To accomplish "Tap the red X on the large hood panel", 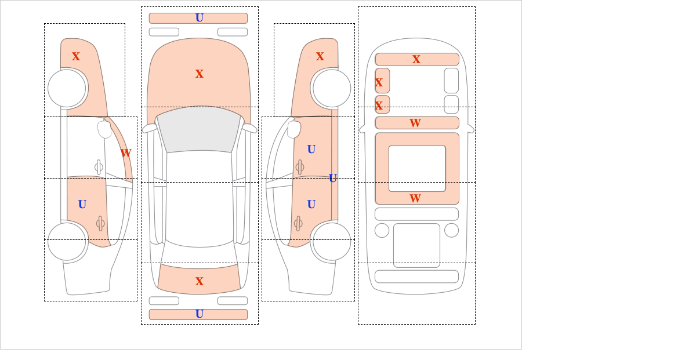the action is coord(200,74).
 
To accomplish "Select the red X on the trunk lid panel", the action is coord(200,281).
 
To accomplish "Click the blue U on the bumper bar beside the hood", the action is coord(200,18).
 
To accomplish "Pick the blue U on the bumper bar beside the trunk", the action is coord(200,314).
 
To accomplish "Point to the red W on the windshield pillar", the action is coord(126,153).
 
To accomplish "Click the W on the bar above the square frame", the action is coord(415,123).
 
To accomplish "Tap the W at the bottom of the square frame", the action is coord(415,198).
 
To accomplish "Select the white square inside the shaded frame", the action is coord(417,168).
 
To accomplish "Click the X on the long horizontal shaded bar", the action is coord(416,59).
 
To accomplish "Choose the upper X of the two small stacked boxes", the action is coord(379,83).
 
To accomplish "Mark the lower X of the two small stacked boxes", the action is coord(379,106).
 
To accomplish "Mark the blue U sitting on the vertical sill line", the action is coord(333,179).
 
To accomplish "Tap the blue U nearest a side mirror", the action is coord(311,150).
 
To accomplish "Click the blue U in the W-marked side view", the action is coord(82,205).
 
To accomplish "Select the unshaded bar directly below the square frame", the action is coord(416,214).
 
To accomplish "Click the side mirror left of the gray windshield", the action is coord(150,128).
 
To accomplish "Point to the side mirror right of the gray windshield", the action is coord(249,128).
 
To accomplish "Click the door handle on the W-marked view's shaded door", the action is coord(100,223).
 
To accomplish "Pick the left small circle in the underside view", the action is coord(382,231).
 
